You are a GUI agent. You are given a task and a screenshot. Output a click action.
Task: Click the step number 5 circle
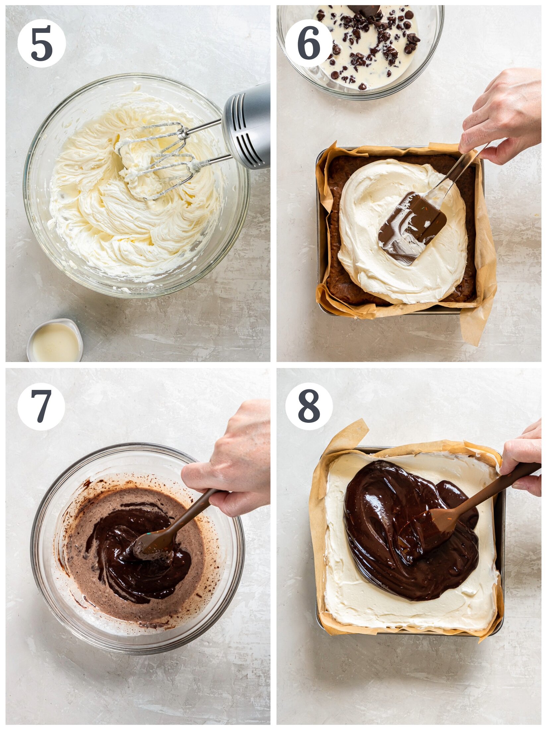coord(41,43)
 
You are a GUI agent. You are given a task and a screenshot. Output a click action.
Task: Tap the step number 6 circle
coord(308,43)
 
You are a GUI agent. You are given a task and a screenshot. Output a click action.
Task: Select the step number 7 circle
coord(41,406)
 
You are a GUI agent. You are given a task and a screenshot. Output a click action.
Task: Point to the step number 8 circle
coord(309,406)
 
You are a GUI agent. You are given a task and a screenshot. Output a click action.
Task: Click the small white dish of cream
coord(55,342)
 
